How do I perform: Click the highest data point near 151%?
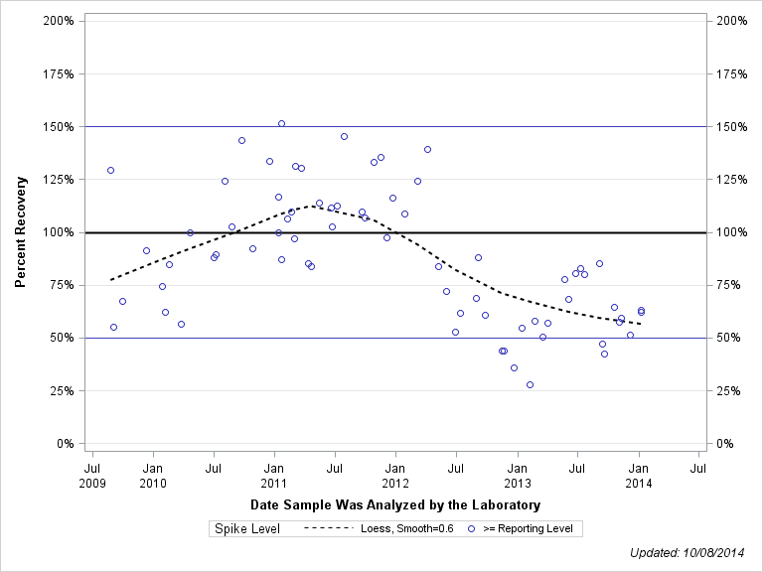tap(281, 123)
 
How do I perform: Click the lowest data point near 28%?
tap(530, 384)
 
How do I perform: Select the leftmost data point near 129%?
tap(110, 170)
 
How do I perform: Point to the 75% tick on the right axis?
tap(732, 285)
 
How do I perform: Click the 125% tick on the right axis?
tap(732, 180)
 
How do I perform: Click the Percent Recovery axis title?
tap(21, 232)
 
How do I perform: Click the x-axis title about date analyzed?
tap(395, 505)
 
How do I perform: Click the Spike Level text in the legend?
tap(247, 529)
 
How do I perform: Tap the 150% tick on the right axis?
tap(732, 127)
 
